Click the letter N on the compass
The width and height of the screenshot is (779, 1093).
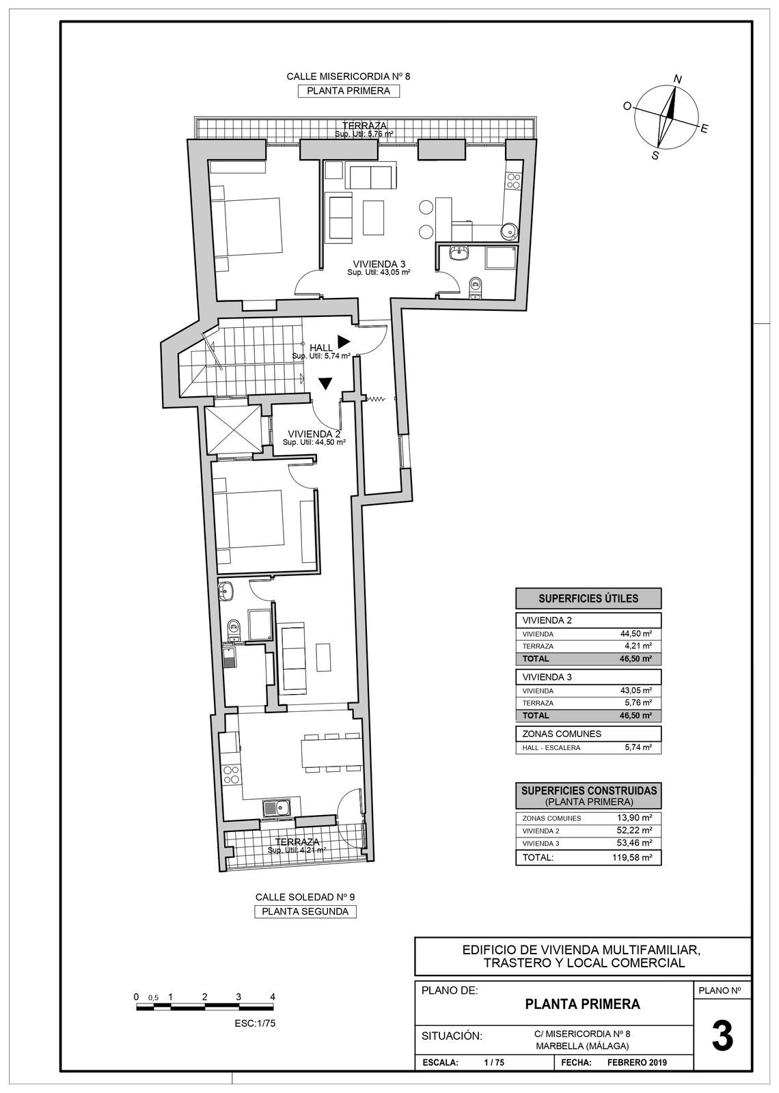677,80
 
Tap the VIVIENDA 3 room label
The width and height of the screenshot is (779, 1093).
379,264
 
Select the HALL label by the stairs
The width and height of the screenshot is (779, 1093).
321,348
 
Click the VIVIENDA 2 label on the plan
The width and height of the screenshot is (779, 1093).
314,434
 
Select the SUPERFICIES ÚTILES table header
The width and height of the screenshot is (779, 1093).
588,598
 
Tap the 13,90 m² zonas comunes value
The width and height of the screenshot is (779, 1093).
634,818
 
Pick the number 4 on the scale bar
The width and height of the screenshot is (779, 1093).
272,997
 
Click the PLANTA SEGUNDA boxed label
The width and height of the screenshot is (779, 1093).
305,911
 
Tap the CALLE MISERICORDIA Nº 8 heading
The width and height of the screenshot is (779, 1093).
348,77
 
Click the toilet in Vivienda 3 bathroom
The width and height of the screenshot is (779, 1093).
476,287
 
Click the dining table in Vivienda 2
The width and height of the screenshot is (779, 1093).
332,753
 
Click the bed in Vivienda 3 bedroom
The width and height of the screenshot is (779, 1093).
249,225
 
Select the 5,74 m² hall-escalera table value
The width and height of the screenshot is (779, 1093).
638,747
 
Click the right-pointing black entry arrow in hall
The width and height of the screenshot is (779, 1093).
343,342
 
